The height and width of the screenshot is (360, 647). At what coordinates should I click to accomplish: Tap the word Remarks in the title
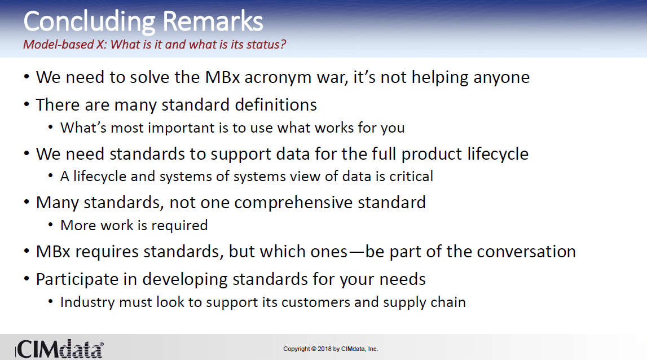coord(213,21)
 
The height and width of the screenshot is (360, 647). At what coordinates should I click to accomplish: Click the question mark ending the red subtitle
coord(283,44)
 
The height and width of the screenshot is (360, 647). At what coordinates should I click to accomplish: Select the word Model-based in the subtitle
coord(59,44)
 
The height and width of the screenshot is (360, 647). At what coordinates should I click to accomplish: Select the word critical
coord(411,176)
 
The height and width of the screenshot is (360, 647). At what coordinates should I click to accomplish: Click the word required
coord(179,225)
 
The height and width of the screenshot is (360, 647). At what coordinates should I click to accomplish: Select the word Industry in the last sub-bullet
coord(87,302)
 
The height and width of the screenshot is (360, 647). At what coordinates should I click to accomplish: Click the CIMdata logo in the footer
coord(60,349)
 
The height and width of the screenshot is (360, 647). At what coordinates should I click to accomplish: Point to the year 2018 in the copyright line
coord(324,349)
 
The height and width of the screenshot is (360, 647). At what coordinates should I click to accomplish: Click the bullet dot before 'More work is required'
coord(51,225)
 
